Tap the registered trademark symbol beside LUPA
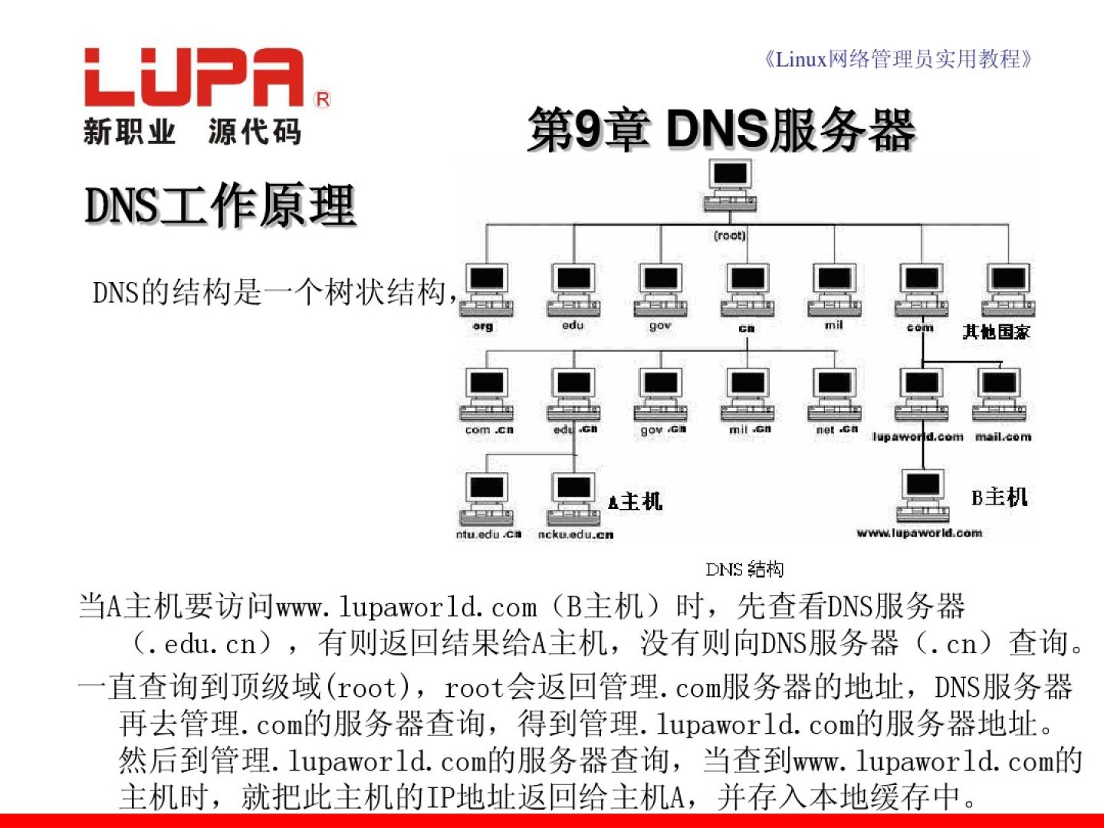point(323,100)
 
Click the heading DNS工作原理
point(220,205)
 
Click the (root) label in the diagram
point(729,235)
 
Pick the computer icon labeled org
point(487,291)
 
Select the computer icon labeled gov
point(661,291)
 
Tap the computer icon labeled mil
point(834,291)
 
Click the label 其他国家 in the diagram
point(996,331)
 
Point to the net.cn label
point(836,429)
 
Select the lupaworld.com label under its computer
point(918,437)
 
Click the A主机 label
point(635,501)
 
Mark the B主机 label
point(999,497)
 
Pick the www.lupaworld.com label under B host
point(919,533)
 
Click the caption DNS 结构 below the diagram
point(744,569)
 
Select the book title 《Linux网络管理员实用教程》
point(898,59)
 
